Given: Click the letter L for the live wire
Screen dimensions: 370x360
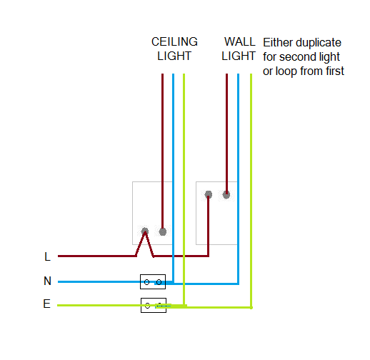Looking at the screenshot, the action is pyautogui.click(x=48, y=256).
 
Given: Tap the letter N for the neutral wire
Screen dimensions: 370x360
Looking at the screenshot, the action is pyautogui.click(x=47, y=281).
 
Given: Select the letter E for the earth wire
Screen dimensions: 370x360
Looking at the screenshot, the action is pyautogui.click(x=47, y=304).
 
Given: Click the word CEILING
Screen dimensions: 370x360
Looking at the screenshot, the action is pyautogui.click(x=174, y=42).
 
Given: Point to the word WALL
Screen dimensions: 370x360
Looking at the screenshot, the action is pyautogui.click(x=240, y=42).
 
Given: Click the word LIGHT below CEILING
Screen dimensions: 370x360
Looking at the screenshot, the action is pyautogui.click(x=174, y=56).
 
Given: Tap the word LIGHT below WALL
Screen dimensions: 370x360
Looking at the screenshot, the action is pyautogui.click(x=239, y=56).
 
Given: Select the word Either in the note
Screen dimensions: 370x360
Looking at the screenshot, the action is pyautogui.click(x=278, y=43).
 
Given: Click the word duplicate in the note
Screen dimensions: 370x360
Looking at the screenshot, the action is pyautogui.click(x=319, y=43).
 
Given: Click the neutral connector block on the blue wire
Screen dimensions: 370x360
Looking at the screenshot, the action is pyautogui.click(x=153, y=282).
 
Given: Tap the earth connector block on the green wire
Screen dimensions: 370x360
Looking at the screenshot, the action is pyautogui.click(x=154, y=305).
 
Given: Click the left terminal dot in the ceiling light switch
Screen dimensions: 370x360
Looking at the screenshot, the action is pyautogui.click(x=145, y=231).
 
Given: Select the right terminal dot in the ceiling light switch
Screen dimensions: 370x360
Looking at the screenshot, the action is pyautogui.click(x=163, y=231).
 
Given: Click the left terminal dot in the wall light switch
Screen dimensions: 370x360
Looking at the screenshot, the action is pyautogui.click(x=209, y=194).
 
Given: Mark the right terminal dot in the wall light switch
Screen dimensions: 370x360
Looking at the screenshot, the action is pyautogui.click(x=226, y=195).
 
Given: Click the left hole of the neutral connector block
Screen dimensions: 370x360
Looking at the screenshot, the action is pyautogui.click(x=146, y=282).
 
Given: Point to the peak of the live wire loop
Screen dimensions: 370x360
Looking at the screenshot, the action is pyautogui.click(x=145, y=232).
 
